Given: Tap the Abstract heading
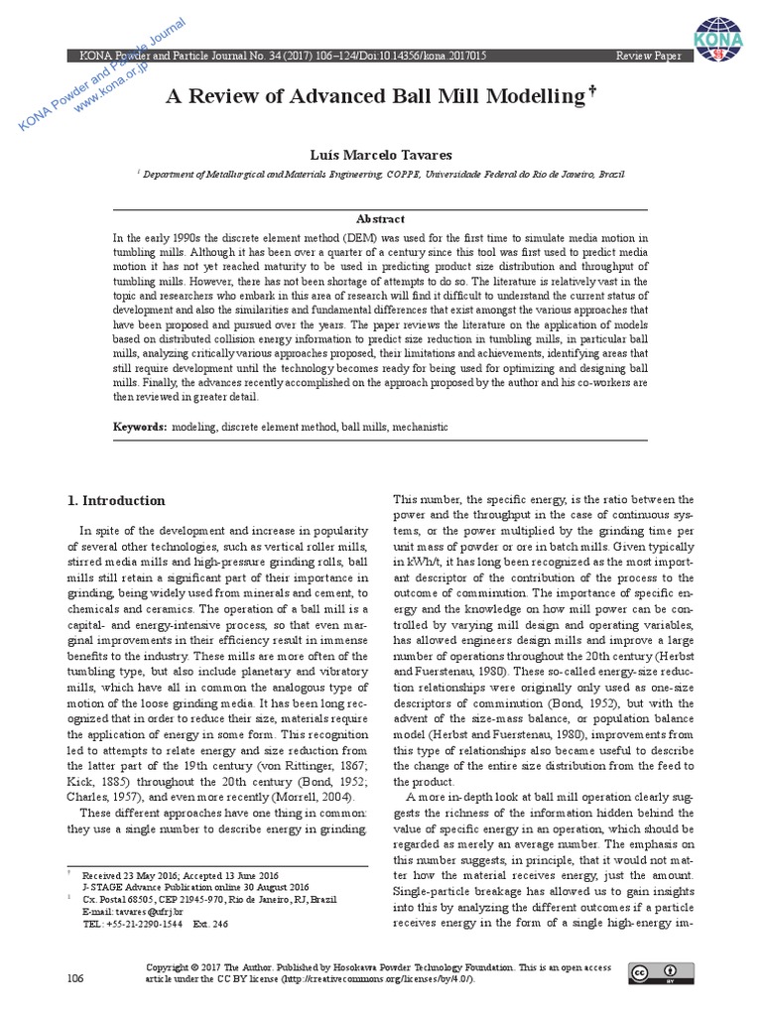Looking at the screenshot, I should tap(380, 218).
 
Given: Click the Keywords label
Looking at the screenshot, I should tap(139, 427).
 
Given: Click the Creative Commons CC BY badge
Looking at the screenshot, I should tap(659, 972).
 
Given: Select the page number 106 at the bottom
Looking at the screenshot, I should tap(75, 978).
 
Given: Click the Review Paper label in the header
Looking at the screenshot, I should tap(649, 57).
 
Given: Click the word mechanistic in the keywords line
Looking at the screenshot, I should tap(420, 427).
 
